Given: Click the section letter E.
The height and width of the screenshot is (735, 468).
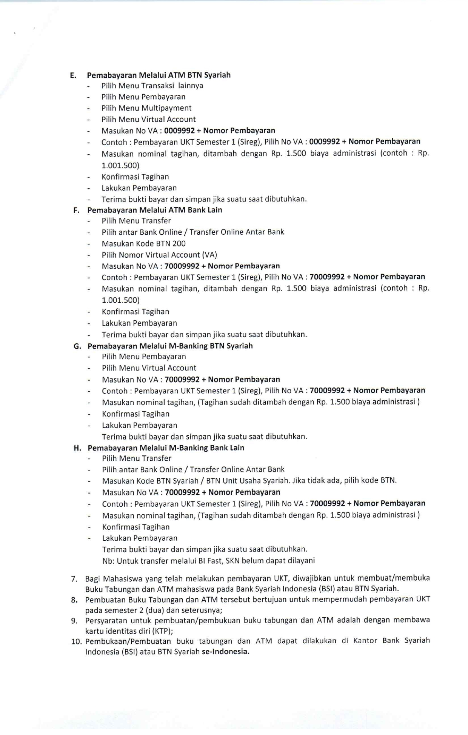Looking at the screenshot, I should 73,75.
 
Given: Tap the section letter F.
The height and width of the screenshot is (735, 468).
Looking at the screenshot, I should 76,210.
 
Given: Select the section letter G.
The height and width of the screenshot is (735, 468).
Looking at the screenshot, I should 77,346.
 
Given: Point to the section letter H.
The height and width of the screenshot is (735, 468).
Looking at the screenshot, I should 77,448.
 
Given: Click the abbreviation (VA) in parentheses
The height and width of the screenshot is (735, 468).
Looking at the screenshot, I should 209,255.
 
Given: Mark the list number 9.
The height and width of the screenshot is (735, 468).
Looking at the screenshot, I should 74,621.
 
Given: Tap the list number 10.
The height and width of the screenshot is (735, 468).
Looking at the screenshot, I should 76,642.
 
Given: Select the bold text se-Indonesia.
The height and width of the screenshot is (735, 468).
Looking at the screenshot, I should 225,652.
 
